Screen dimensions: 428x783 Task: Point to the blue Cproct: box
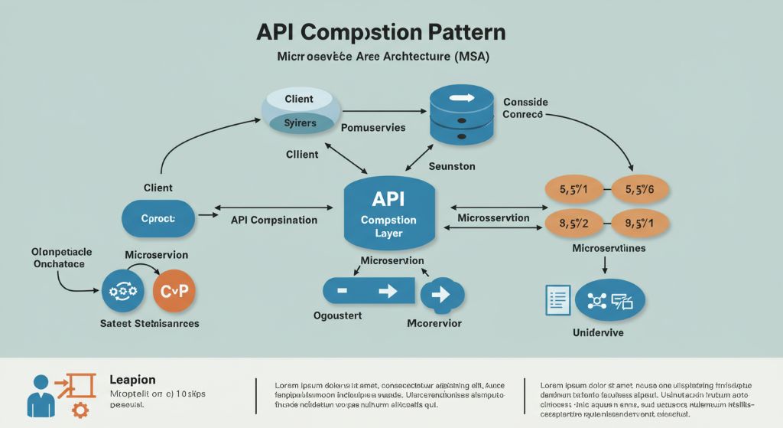[x=158, y=218]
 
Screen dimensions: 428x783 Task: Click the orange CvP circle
[x=174, y=291]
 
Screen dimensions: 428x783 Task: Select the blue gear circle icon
[x=123, y=292]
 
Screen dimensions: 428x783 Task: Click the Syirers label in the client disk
[x=299, y=123]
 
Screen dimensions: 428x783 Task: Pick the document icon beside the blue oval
[x=557, y=299]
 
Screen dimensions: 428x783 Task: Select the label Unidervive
[x=598, y=333]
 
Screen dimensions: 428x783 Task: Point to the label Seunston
[x=452, y=166]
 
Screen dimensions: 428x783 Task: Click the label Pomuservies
[x=373, y=128]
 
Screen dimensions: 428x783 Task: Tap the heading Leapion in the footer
[x=132, y=380]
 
